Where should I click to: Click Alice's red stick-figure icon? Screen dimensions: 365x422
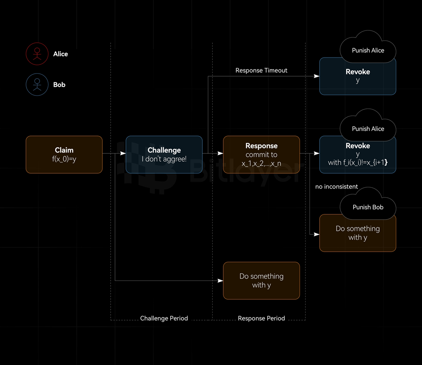[x=37, y=54]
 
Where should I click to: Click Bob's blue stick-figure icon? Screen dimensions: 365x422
[x=37, y=84]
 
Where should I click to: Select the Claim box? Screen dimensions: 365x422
[x=64, y=155]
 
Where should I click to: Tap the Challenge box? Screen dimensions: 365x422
[x=164, y=155]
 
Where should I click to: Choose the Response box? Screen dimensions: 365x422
[x=261, y=155]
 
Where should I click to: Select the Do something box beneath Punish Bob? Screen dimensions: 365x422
[x=357, y=233]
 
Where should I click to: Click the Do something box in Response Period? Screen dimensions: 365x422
[x=261, y=281]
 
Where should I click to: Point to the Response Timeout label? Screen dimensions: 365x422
[x=261, y=70]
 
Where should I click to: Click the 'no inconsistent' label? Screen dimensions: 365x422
[x=336, y=186]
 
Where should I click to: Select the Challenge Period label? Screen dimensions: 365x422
[x=164, y=318]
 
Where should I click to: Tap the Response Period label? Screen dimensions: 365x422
[x=261, y=318]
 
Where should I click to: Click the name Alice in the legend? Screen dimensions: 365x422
[x=61, y=54]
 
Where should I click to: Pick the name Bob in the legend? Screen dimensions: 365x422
[x=59, y=84]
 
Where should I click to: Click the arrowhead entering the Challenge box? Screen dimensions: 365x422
[x=123, y=153]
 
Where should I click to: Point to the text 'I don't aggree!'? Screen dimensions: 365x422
[x=164, y=159]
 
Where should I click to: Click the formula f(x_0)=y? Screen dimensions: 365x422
[x=64, y=159]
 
